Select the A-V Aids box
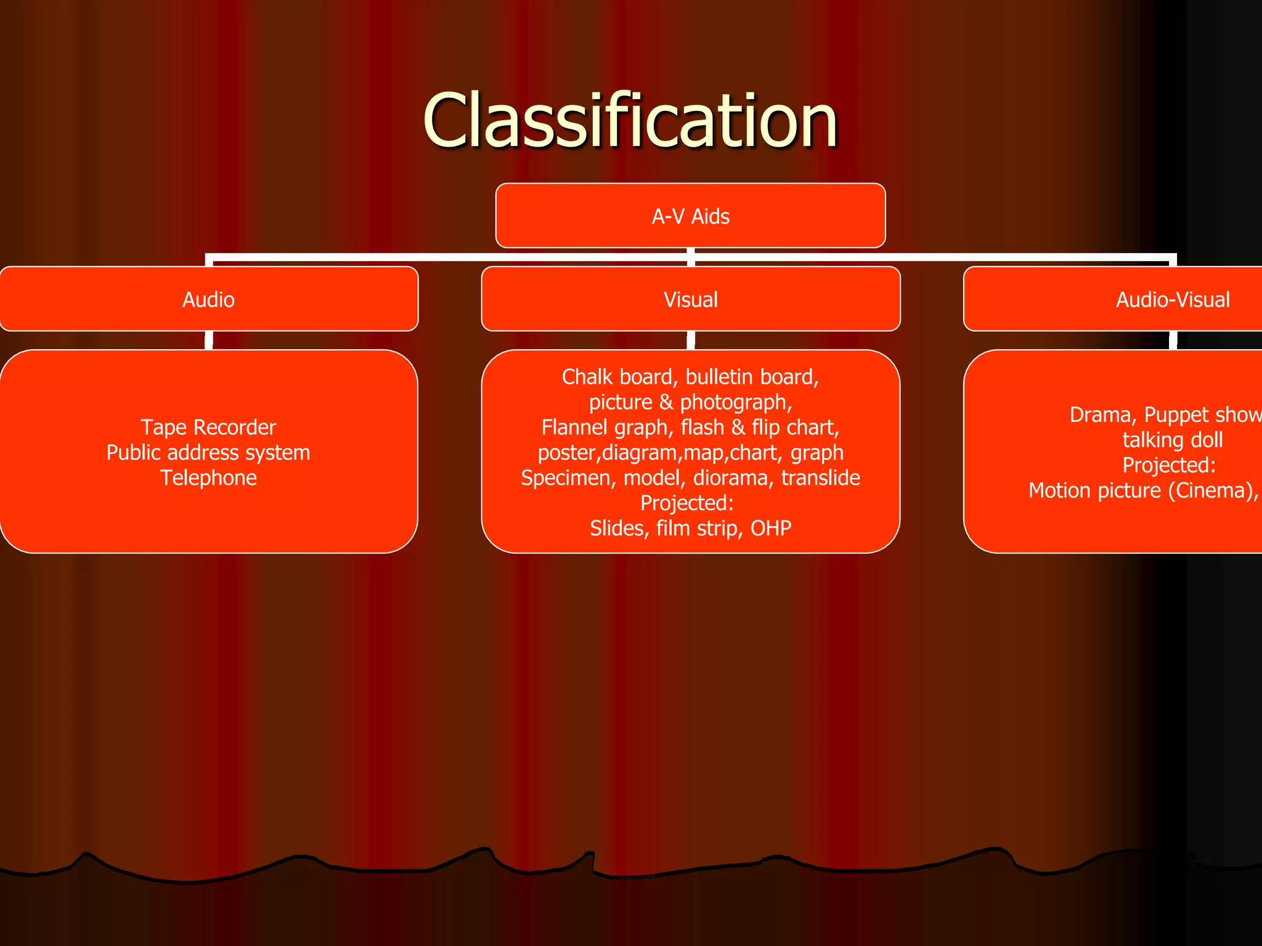690,216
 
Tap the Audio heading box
208,299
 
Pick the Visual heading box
690,299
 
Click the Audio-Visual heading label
1172,299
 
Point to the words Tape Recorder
208,427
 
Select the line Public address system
208,453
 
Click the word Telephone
208,478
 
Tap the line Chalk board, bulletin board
690,377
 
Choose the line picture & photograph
690,402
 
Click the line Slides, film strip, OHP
690,528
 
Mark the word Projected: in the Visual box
687,503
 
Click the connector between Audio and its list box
209,340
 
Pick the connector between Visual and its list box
691,340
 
